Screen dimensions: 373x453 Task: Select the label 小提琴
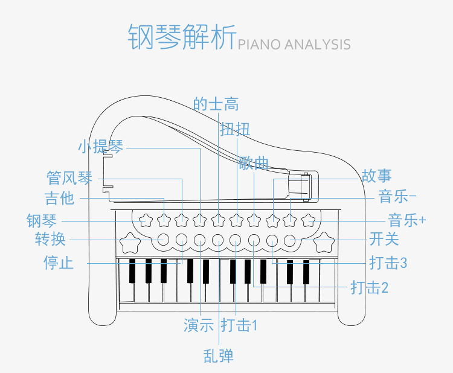(100, 147)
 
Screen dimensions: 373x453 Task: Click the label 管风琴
(70, 178)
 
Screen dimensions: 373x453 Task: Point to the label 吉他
(59, 198)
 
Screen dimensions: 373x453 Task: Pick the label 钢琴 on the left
(42, 220)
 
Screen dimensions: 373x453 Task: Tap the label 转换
(50, 240)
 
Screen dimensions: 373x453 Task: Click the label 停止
(59, 263)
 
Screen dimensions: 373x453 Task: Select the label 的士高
(216, 104)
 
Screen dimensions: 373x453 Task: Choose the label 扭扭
(235, 129)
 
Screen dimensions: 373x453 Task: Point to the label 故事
(376, 176)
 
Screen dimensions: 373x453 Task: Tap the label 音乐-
(397, 197)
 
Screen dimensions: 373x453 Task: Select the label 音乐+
(406, 220)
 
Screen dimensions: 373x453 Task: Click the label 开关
(384, 240)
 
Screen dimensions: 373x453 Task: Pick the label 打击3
(388, 263)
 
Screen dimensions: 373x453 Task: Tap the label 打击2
(369, 288)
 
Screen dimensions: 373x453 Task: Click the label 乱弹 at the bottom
(218, 355)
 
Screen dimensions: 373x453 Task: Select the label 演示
(199, 325)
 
